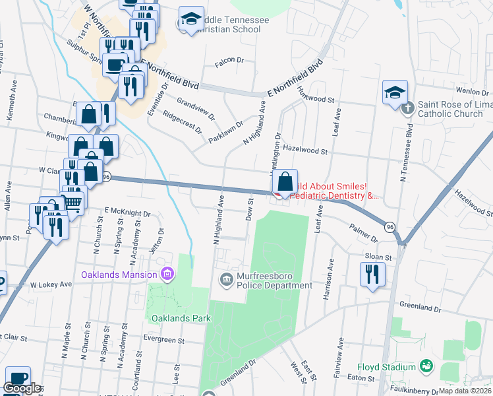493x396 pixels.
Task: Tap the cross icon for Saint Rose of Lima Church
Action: pyautogui.click(x=408, y=107)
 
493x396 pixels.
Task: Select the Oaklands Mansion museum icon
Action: pyautogui.click(x=167, y=274)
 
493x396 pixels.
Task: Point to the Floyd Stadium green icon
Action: pyautogui.click(x=427, y=366)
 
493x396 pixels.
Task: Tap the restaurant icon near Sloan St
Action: pyautogui.click(x=372, y=273)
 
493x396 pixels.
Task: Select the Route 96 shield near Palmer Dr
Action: pyautogui.click(x=391, y=226)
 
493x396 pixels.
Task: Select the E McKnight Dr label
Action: pyautogui.click(x=127, y=214)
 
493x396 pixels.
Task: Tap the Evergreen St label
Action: pyautogui.click(x=164, y=340)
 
